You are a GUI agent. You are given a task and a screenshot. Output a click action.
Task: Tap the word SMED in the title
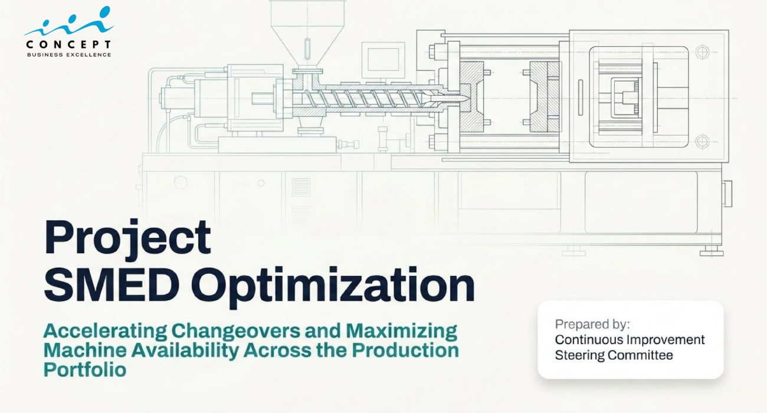(112, 284)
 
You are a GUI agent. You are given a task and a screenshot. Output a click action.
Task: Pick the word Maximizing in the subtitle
(402, 332)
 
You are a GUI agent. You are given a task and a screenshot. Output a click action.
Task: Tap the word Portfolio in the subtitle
(85, 370)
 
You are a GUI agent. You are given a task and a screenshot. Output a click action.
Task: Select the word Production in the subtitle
(405, 350)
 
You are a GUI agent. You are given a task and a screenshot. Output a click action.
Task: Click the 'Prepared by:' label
(592, 324)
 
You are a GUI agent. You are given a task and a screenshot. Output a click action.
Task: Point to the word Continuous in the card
(589, 340)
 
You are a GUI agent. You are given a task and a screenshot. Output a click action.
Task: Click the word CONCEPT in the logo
(68, 44)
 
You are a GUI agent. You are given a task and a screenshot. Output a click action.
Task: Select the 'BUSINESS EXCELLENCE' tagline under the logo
(69, 55)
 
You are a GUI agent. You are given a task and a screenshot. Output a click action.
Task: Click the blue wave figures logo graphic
(69, 21)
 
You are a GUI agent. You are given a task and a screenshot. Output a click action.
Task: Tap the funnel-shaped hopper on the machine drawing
(307, 38)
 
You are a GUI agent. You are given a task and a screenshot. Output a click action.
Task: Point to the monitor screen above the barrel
(383, 60)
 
